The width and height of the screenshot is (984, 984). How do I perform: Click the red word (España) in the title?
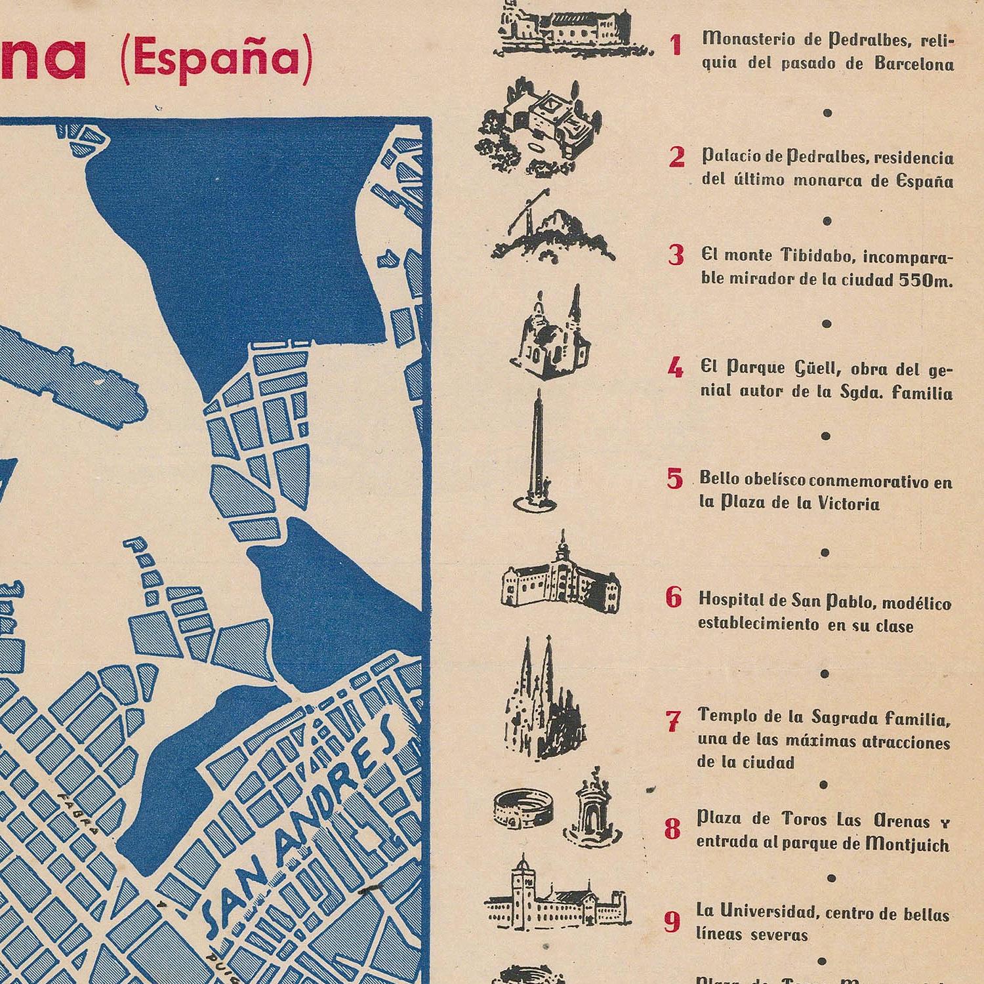tap(216, 58)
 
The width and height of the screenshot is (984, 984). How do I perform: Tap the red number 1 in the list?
tap(676, 46)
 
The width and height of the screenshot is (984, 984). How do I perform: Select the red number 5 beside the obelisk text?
tap(674, 479)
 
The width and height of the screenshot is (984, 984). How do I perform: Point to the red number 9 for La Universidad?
tap(672, 922)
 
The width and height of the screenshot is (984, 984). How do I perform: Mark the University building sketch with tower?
tap(554, 892)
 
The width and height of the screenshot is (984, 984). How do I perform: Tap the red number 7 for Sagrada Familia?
tap(673, 722)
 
